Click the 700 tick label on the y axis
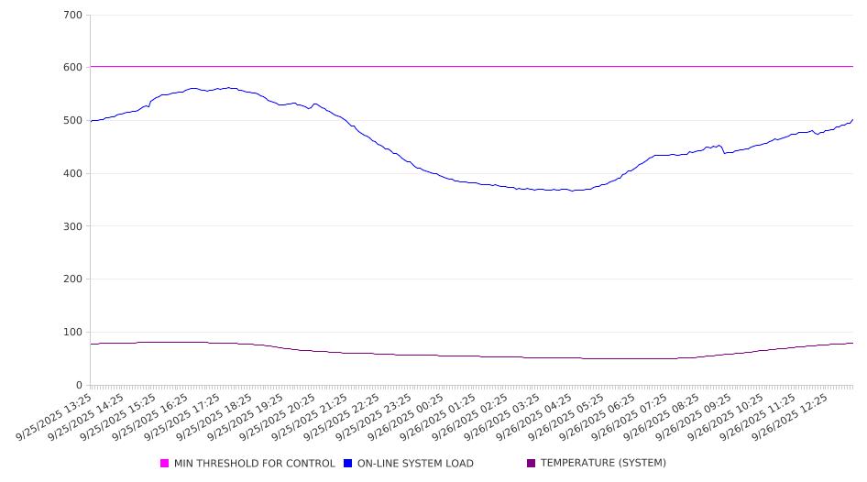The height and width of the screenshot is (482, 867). point(72,15)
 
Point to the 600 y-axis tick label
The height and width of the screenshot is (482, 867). point(72,68)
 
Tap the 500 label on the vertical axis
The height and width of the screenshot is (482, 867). point(72,121)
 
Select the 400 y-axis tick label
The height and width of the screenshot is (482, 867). point(72,173)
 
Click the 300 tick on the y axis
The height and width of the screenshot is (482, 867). point(72,226)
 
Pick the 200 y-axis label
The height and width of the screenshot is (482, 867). point(72,279)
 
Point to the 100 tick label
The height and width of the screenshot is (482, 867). point(72,332)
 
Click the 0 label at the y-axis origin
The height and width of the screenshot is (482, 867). point(79,385)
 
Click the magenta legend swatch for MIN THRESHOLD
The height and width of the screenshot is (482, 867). point(165,464)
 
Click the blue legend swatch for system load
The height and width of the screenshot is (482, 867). point(348,464)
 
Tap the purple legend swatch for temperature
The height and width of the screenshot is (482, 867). point(532,464)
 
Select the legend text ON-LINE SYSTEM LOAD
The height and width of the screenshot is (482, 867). point(415,464)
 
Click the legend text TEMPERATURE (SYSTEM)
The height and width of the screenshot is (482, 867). point(603,464)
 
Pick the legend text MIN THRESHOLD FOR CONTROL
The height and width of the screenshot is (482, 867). point(255,464)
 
